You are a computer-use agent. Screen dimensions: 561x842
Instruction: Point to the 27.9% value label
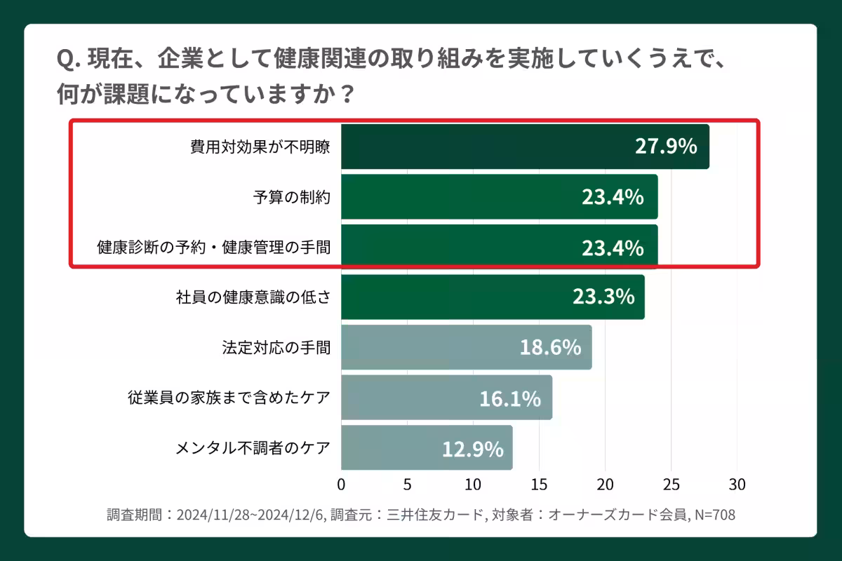point(666,147)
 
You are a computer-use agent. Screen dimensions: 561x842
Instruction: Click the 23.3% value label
point(603,297)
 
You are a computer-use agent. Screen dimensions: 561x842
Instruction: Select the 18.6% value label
point(550,347)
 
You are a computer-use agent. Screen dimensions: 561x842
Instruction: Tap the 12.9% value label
point(472,448)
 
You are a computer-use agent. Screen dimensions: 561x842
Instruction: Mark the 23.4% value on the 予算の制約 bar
point(613,198)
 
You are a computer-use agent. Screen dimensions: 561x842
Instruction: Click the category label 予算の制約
point(292,197)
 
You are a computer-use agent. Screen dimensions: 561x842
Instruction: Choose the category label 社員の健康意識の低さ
point(253,297)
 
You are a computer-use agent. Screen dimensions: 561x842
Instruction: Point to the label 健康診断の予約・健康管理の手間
point(213,248)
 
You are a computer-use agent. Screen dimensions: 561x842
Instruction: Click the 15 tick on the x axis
point(539,485)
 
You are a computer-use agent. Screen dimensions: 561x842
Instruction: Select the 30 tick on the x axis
point(737,485)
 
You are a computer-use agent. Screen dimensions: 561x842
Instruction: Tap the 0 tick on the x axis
point(342,485)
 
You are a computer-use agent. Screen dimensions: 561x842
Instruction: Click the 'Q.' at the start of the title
point(68,60)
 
